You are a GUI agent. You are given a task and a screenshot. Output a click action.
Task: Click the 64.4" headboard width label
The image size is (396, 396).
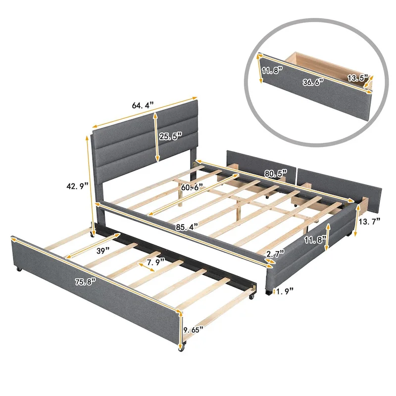(143, 105)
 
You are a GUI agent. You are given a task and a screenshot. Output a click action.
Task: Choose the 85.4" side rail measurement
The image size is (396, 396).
(186, 226)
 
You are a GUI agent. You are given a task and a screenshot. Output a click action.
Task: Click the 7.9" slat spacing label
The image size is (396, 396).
(156, 262)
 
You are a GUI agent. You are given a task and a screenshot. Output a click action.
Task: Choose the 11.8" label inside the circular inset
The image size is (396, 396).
(272, 70)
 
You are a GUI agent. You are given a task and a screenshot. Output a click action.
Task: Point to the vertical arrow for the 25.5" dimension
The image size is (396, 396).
(157, 137)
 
